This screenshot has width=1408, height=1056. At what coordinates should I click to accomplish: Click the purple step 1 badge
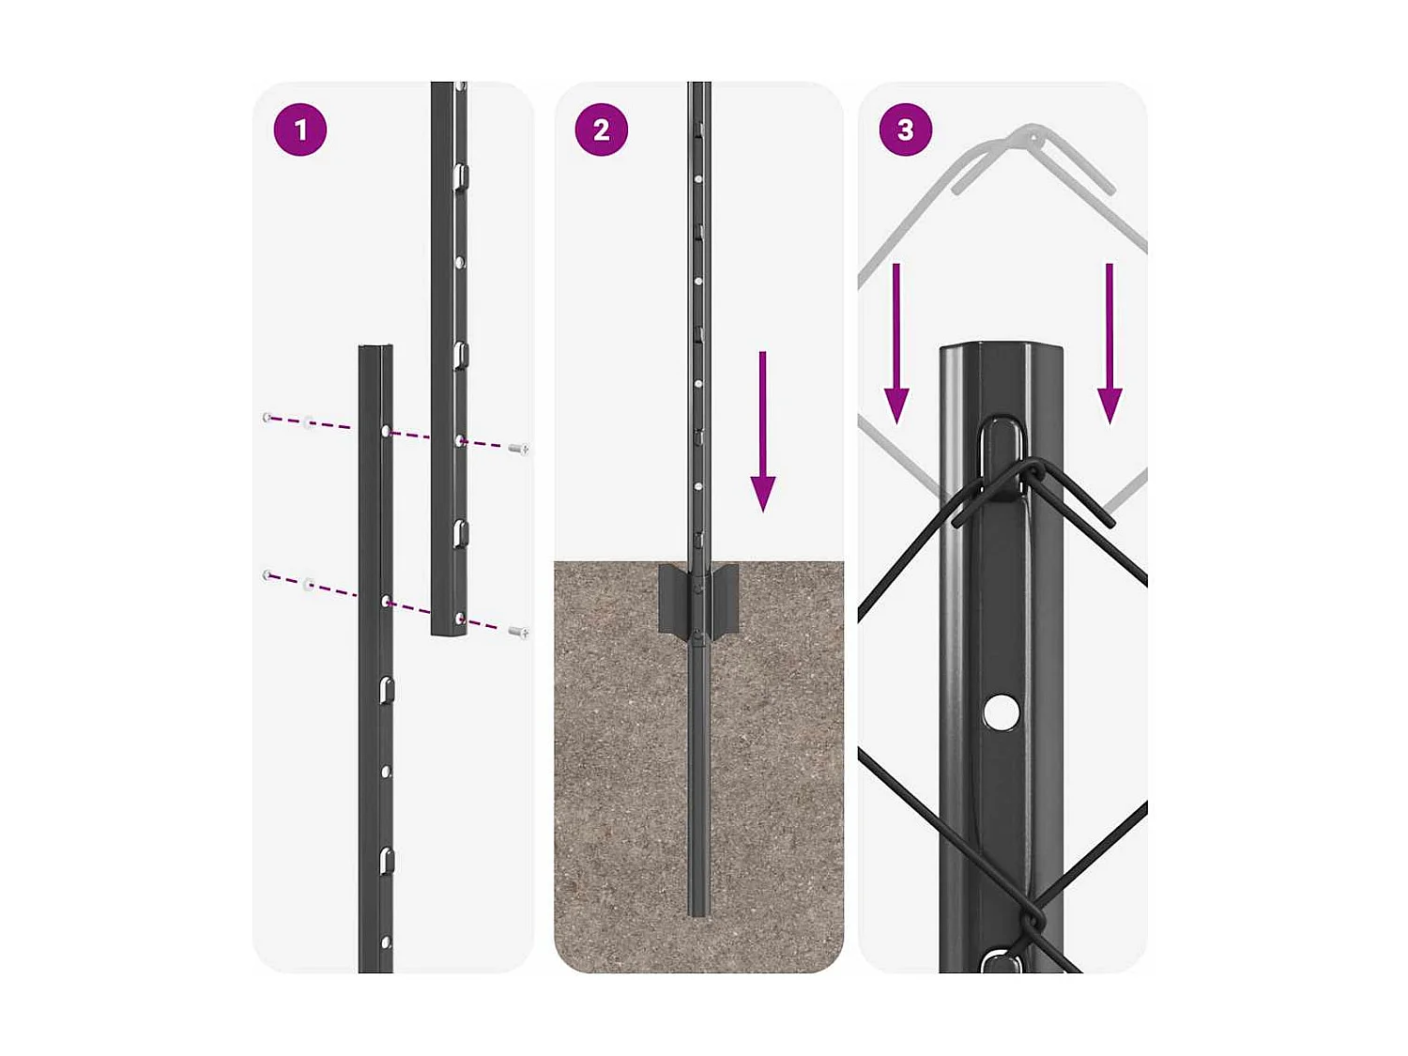pyautogui.click(x=300, y=130)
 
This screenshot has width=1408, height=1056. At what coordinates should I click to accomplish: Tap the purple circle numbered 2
pyautogui.click(x=602, y=130)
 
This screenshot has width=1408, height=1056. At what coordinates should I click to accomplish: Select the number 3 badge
pyautogui.click(x=905, y=130)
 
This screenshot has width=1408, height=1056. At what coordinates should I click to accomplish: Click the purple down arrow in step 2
pyautogui.click(x=763, y=432)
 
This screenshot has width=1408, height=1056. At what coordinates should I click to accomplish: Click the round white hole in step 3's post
pyautogui.click(x=1002, y=712)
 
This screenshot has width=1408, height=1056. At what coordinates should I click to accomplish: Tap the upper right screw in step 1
pyautogui.click(x=518, y=450)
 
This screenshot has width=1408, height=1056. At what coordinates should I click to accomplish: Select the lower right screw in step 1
pyautogui.click(x=518, y=632)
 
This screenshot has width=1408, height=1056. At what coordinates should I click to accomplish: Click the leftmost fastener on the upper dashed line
pyautogui.click(x=268, y=417)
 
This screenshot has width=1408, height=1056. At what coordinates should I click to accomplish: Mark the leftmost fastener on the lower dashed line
pyautogui.click(x=268, y=574)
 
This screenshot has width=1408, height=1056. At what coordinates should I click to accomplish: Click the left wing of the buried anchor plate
pyautogui.click(x=674, y=599)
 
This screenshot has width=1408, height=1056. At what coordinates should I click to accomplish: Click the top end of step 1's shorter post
pyautogui.click(x=375, y=349)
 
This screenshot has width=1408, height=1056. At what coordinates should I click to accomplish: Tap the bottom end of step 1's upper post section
pyautogui.click(x=449, y=631)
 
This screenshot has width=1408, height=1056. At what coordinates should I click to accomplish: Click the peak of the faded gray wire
pyautogui.click(x=1033, y=136)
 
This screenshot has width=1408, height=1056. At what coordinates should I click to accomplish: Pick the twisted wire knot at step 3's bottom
pyautogui.click(x=1033, y=920)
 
